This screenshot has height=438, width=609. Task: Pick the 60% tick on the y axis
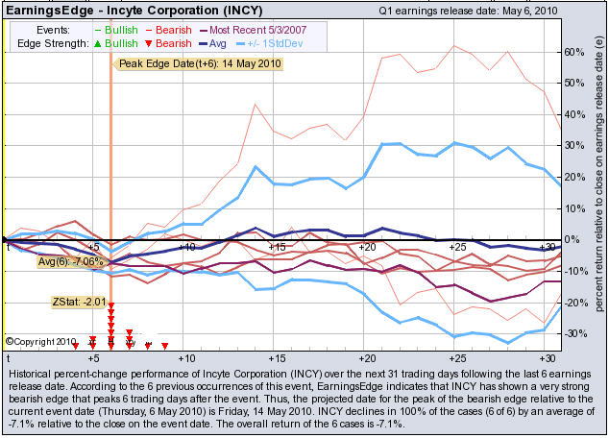point(573,51)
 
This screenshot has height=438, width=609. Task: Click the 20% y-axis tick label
point(573,177)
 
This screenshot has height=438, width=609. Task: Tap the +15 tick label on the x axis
point(277,248)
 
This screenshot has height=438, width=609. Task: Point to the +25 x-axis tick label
point(457,248)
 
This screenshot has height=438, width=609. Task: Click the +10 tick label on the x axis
point(186,248)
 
